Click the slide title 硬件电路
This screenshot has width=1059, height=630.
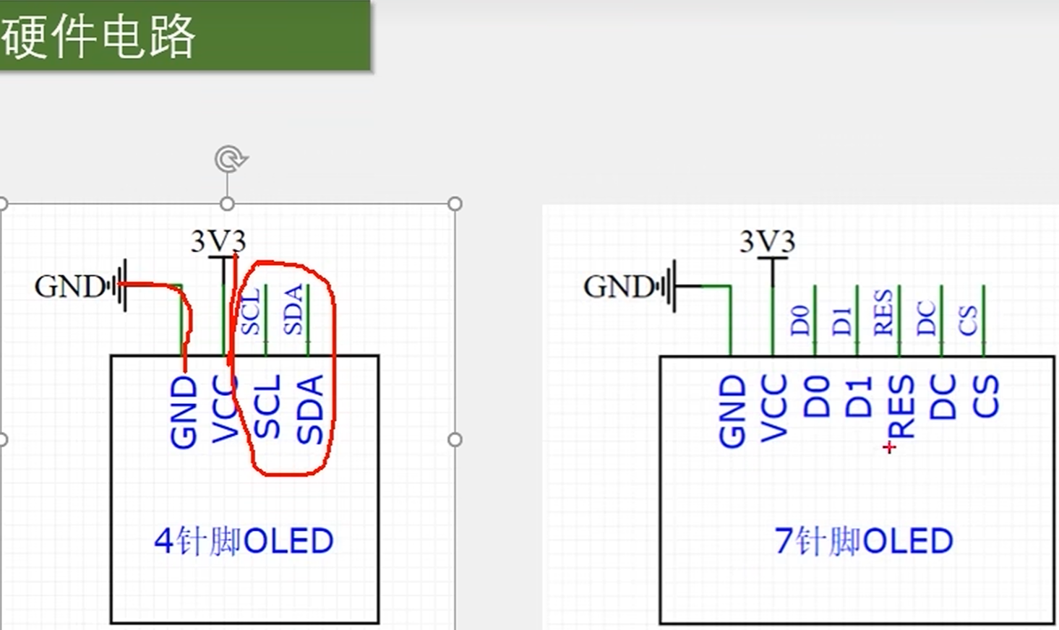point(99,36)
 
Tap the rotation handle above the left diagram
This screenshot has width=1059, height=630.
point(230,159)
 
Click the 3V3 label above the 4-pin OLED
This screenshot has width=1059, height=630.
point(218,241)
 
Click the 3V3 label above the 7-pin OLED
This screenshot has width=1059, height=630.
point(767,241)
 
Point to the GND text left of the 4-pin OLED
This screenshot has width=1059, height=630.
point(70,287)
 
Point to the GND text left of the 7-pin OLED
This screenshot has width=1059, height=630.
point(619,287)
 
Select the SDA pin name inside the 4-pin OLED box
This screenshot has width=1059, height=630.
point(309,409)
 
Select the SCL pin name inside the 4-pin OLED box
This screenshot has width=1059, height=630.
point(267,407)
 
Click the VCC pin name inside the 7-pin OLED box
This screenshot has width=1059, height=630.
point(773,408)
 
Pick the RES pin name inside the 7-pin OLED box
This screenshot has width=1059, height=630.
point(901,407)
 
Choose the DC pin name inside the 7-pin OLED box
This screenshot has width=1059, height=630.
point(943,397)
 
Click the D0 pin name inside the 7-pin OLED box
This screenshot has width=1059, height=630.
point(816,397)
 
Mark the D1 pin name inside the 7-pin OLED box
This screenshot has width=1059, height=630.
point(859,397)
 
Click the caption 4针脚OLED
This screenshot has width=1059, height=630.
point(244,541)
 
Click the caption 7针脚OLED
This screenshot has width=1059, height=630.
point(863,541)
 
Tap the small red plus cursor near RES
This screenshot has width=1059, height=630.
point(889,448)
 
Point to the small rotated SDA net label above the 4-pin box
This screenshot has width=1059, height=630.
point(293,310)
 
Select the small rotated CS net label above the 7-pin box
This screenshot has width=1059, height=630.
point(968,320)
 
